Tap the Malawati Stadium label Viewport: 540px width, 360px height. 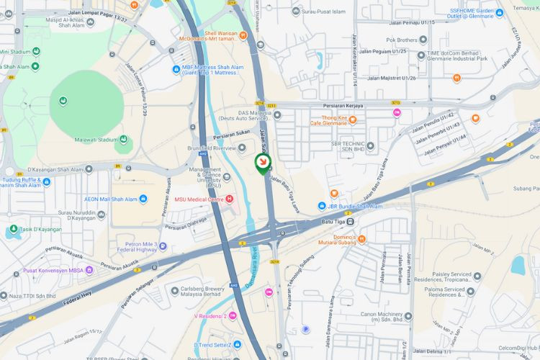pyautogui.click(x=96, y=140)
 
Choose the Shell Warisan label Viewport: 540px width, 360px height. pyautogui.click(x=220, y=32)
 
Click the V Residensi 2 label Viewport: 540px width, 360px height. pyautogui.click(x=210, y=315)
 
